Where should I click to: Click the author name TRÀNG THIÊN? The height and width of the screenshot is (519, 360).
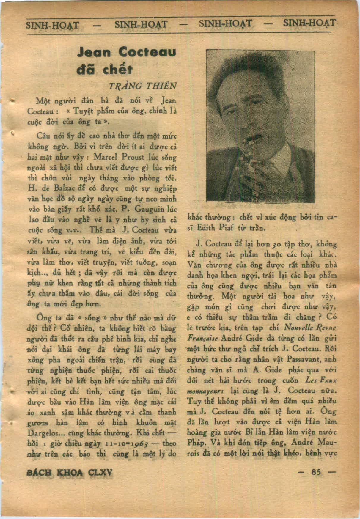coord(143,86)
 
